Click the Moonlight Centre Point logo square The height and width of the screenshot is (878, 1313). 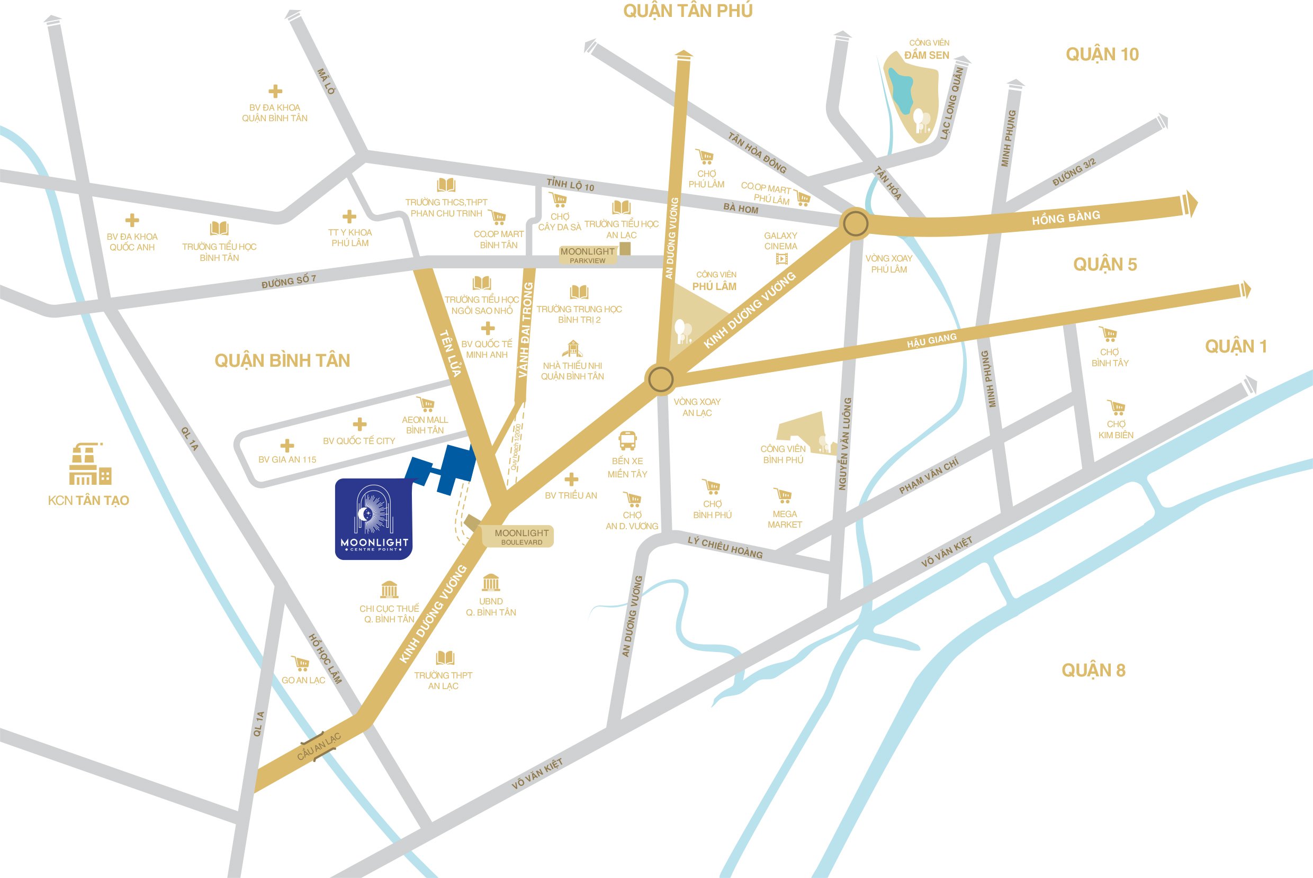(x=374, y=519)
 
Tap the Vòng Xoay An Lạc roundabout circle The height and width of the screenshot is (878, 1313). (x=660, y=379)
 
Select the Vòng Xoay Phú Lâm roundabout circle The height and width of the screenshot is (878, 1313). (x=856, y=224)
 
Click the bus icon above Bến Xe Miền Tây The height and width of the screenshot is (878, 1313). (x=627, y=441)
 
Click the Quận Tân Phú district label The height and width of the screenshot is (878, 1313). (x=687, y=11)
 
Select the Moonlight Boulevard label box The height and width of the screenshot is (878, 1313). (x=518, y=537)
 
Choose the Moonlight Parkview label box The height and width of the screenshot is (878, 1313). (x=588, y=255)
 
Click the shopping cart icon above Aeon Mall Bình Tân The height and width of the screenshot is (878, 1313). (x=426, y=404)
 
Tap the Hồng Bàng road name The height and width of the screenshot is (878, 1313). (x=1065, y=218)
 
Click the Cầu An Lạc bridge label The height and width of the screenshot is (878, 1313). (x=319, y=747)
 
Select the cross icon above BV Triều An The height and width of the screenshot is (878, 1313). (x=571, y=479)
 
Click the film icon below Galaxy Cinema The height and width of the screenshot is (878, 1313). (x=781, y=259)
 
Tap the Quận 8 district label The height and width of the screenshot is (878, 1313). (x=1093, y=670)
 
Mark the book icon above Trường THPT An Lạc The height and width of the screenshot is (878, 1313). (x=445, y=658)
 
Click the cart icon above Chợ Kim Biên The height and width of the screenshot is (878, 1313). (x=1116, y=407)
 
